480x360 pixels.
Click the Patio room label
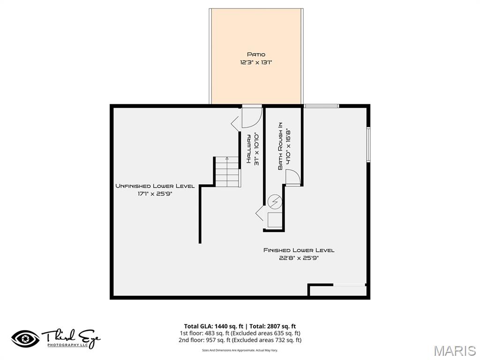point(256,54)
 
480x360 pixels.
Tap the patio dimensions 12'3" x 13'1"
point(256,62)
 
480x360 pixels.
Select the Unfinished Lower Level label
point(155,186)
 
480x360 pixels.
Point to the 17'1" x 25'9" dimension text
point(155,194)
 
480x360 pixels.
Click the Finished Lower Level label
point(299,250)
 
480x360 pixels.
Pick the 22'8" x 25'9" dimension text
point(299,258)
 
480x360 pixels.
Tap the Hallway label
point(249,149)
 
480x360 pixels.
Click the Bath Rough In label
point(280,146)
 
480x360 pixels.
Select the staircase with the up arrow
point(227,172)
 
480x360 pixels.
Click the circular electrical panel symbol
point(275,202)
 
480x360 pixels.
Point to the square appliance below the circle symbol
point(275,220)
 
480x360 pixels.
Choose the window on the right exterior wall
point(368,144)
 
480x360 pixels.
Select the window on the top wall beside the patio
point(322,106)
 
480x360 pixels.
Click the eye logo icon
point(25,339)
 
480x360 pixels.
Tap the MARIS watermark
point(455,350)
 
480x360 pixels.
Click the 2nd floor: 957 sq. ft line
point(240,340)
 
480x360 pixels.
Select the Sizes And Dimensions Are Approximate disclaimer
point(240,350)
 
